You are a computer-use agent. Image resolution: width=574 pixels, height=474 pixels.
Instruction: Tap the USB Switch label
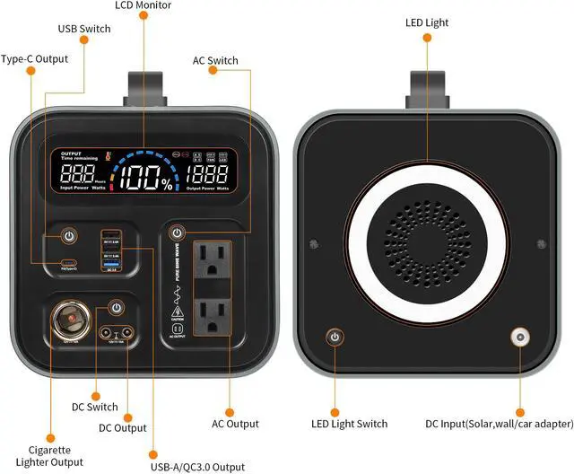tap(84, 29)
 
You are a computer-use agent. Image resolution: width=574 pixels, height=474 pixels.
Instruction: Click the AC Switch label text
tap(215, 61)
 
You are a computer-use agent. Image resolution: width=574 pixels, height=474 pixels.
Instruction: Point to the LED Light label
tap(427, 22)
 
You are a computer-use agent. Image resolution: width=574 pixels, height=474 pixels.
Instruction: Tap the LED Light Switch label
tap(349, 424)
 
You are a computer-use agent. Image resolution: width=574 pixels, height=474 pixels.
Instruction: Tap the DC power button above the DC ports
tap(115, 309)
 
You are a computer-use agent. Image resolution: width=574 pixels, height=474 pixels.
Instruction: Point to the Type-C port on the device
tap(67, 264)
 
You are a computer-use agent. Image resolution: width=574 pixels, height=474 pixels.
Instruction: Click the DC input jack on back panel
tap(517, 338)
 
